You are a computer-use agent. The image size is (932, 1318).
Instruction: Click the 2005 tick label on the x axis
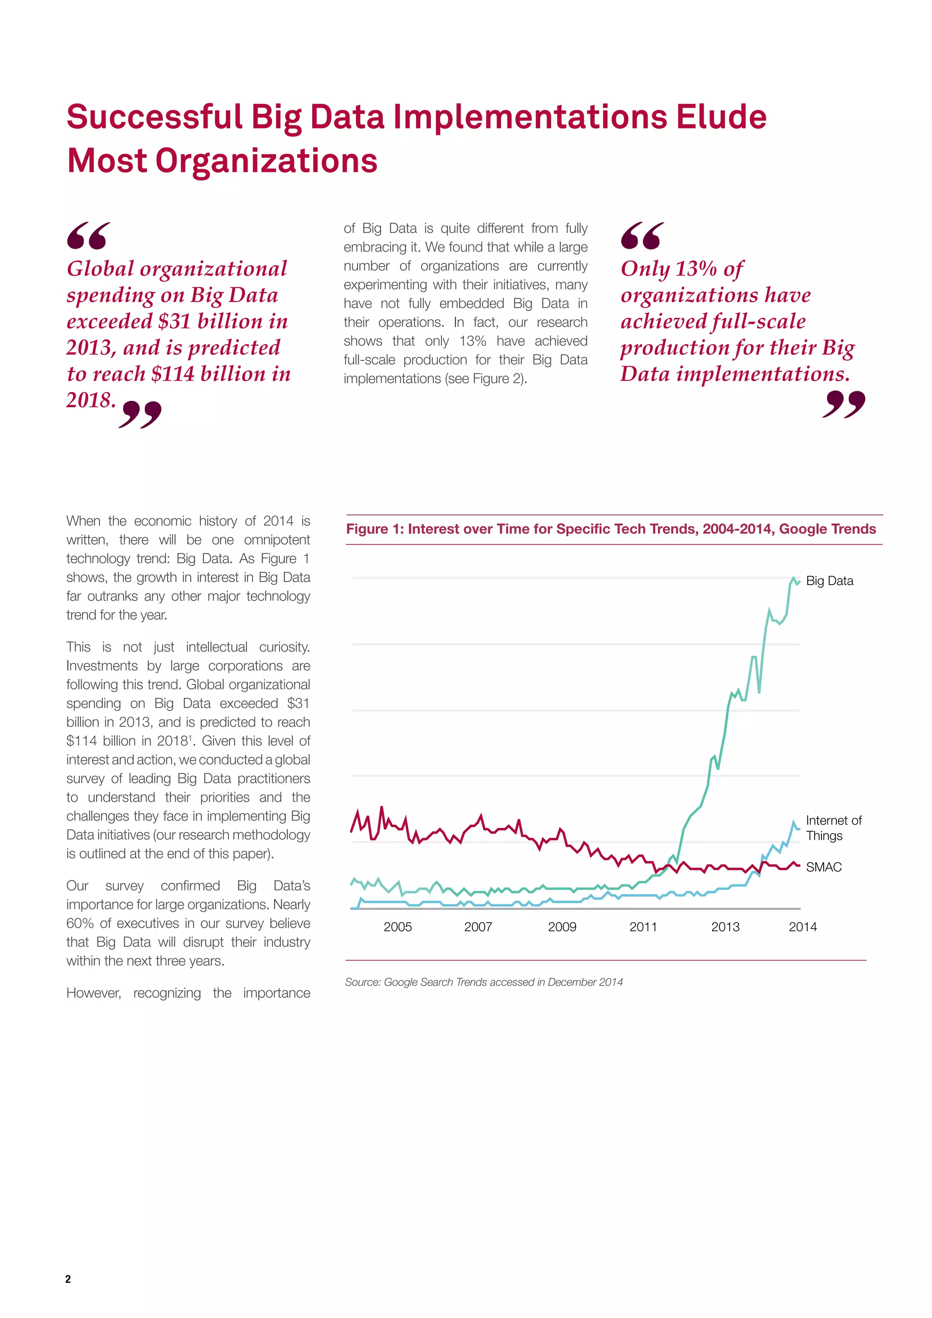coord(397,926)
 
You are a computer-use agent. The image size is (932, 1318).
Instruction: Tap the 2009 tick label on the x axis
coord(562,926)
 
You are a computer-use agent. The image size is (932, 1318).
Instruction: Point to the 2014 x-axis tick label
coord(802,926)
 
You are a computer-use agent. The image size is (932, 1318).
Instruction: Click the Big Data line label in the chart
coord(829,581)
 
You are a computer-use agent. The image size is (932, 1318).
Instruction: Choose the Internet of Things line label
coord(833,828)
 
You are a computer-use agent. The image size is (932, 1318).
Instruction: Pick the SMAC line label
coord(824,867)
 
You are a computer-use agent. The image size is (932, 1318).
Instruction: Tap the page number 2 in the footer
coord(68,1278)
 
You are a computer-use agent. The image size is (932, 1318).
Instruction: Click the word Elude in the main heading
coord(721,117)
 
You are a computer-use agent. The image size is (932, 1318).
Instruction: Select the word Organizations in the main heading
coord(266,161)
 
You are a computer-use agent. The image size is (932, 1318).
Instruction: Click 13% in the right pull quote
coord(695,269)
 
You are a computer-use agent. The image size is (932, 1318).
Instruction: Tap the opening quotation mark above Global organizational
coord(88,235)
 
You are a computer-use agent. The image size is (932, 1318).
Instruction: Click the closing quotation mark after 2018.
coord(140,414)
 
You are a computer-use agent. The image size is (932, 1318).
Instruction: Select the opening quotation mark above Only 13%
coord(642,235)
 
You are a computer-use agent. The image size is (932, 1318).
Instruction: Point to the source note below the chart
coord(483,982)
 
